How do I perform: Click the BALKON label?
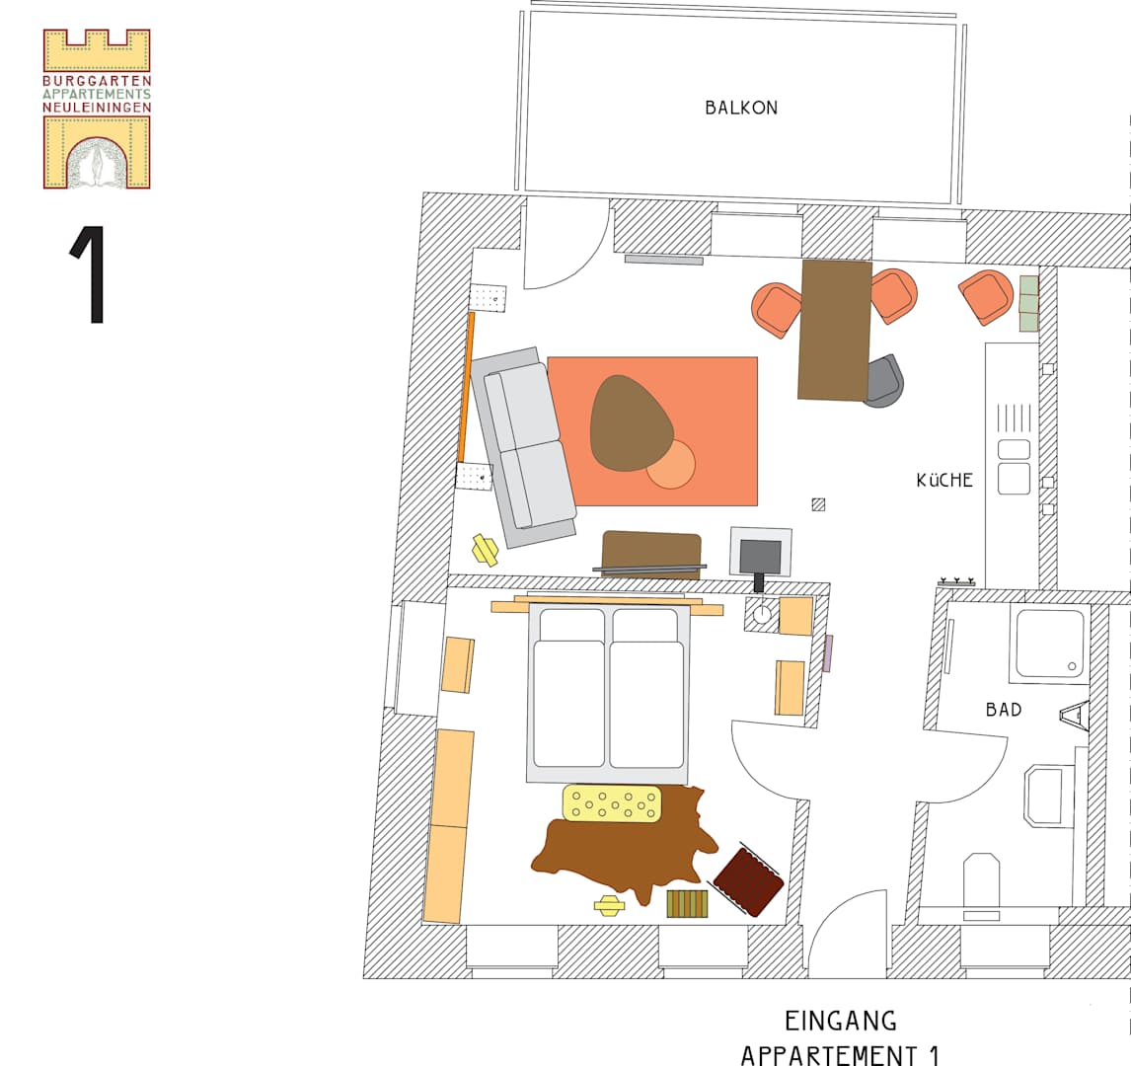(x=741, y=108)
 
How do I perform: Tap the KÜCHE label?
(x=944, y=480)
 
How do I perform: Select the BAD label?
(x=1004, y=710)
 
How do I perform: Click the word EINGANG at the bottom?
(x=840, y=1021)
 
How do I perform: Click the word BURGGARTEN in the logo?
(x=97, y=81)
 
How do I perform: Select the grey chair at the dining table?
(x=883, y=381)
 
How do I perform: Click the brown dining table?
(x=835, y=330)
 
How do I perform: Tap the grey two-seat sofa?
(x=524, y=447)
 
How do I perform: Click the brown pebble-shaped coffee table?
(x=631, y=422)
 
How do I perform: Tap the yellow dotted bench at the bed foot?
(x=612, y=802)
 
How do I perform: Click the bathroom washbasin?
(x=1048, y=796)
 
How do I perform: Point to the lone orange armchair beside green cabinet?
(x=987, y=297)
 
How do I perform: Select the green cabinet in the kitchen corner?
(x=1029, y=303)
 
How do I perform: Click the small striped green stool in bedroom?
(x=687, y=904)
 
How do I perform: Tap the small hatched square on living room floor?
(x=818, y=505)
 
